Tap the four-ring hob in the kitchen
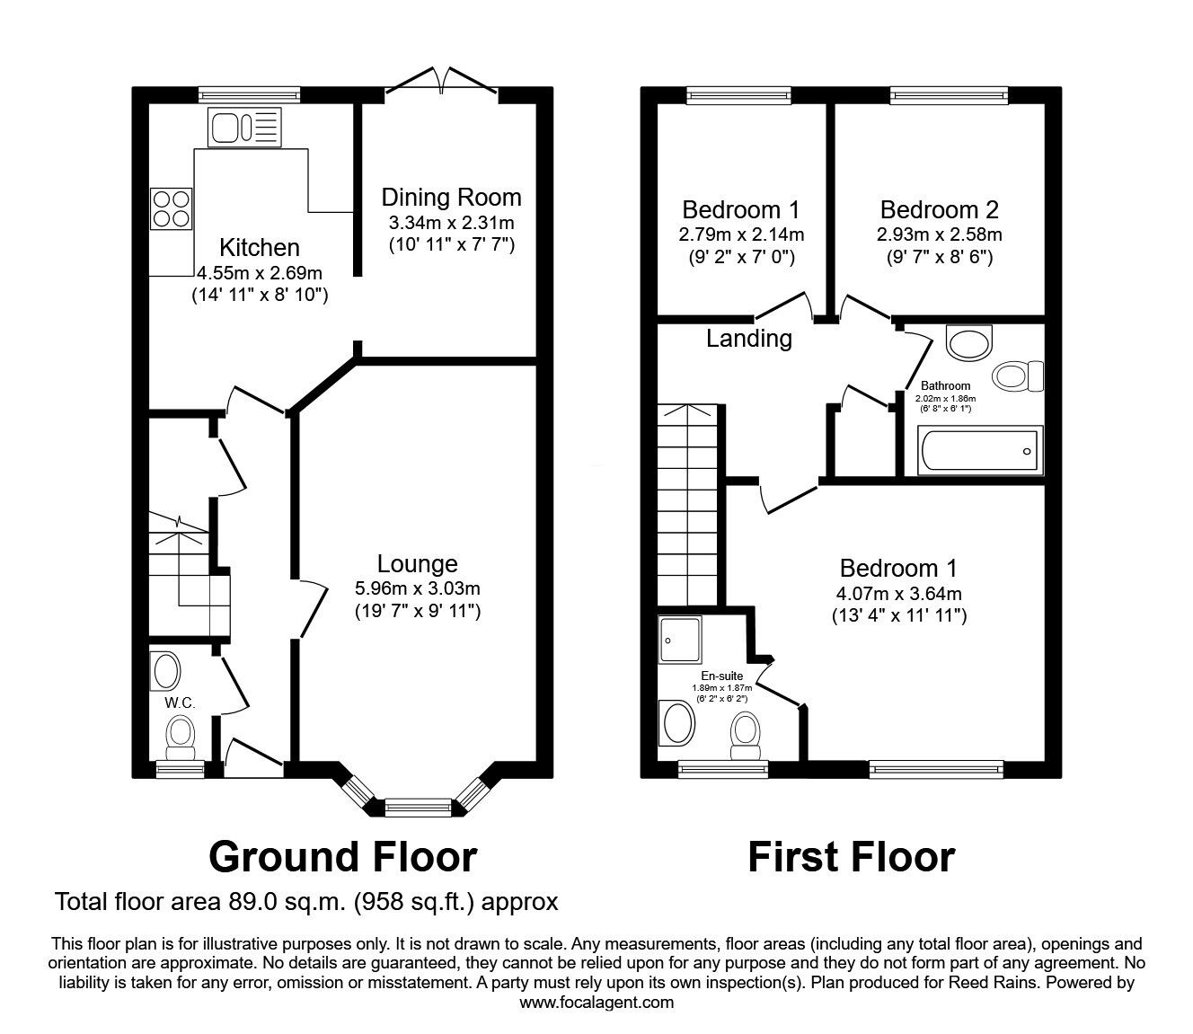coord(172,208)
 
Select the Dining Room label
coord(451,197)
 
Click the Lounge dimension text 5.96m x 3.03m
coord(417,589)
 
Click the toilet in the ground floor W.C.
coord(181,734)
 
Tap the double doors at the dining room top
coord(440,82)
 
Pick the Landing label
coord(748,339)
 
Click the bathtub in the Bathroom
coord(979,451)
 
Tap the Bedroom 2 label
coord(939,209)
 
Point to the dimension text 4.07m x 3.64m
coord(898,593)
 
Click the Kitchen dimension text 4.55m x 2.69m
coord(260,272)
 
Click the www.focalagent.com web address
coord(596,1003)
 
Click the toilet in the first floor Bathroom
coord(1019,375)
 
